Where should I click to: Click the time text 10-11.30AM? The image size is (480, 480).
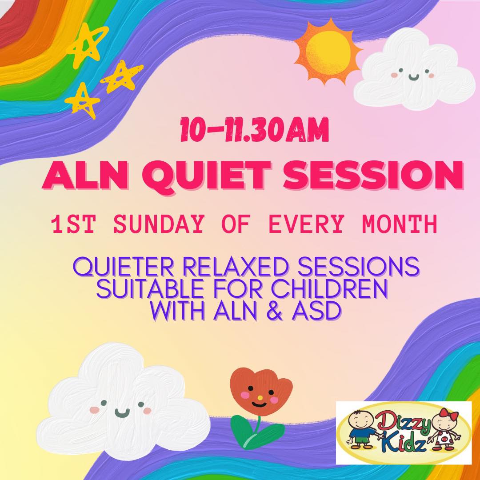254,130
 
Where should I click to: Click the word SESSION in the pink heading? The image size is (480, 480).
373,175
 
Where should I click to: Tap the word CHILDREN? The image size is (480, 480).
329,289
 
